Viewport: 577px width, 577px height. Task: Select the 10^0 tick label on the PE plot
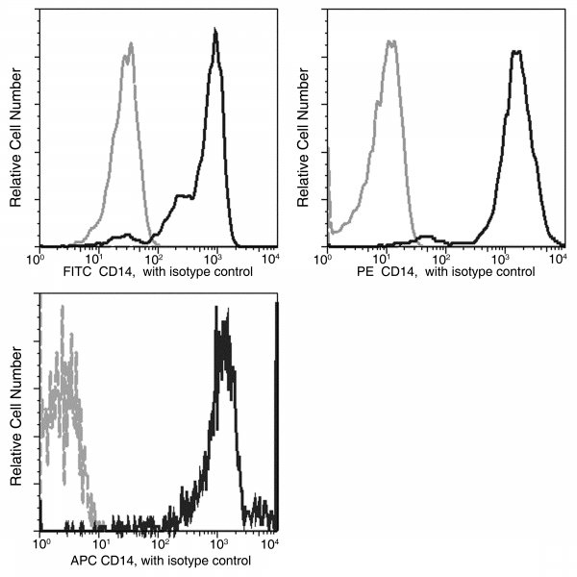click(x=329, y=257)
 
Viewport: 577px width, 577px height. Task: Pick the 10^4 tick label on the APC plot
click(x=273, y=544)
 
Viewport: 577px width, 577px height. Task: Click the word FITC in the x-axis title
click(x=80, y=271)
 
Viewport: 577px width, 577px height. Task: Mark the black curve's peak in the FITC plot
click(x=215, y=32)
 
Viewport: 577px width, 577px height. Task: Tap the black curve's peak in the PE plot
click(x=517, y=51)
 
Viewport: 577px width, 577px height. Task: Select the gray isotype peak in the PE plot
click(x=390, y=41)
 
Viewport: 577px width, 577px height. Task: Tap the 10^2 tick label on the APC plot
click(x=158, y=544)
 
